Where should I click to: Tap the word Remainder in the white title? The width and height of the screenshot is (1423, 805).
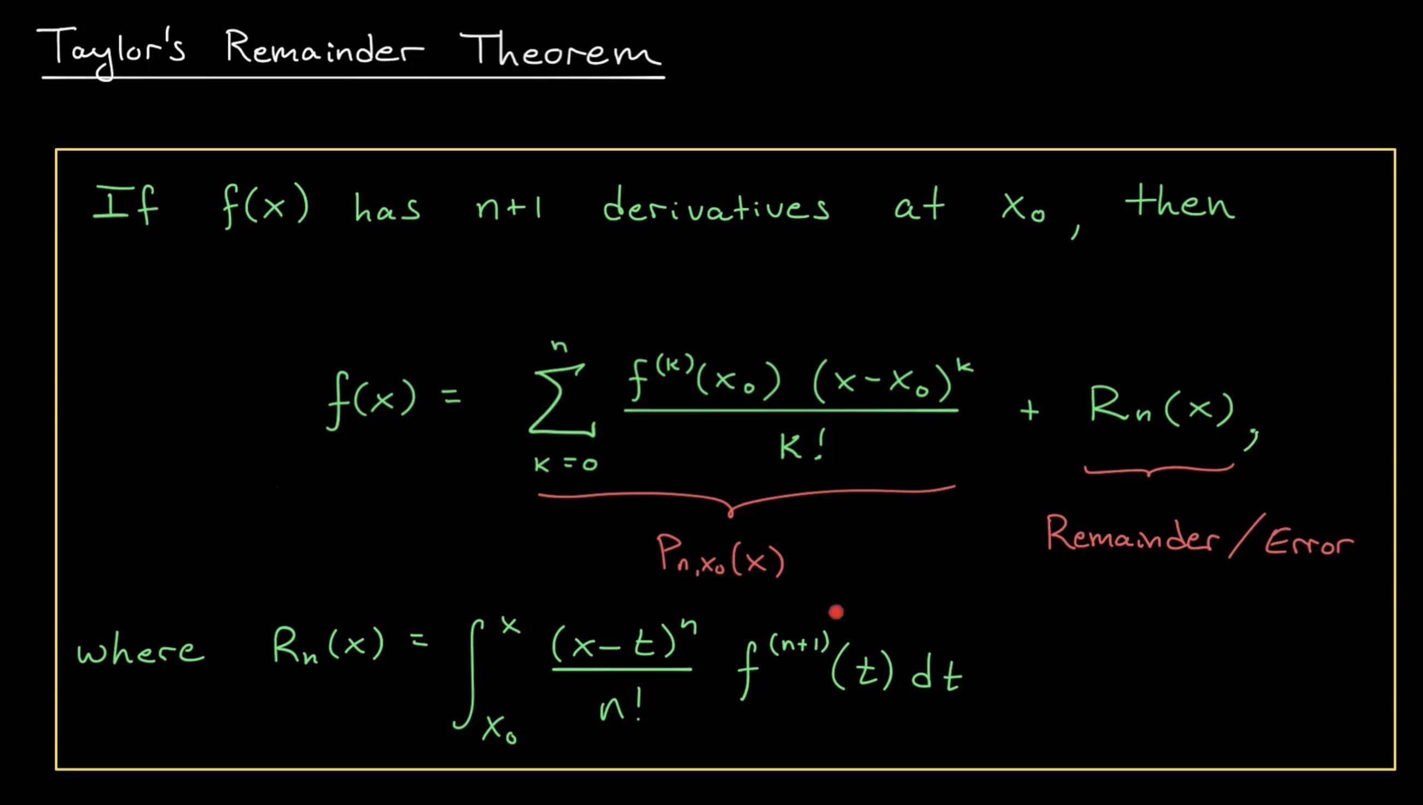point(324,49)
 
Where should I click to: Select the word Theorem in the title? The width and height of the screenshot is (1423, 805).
point(560,50)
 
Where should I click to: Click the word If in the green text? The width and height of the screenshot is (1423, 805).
point(125,205)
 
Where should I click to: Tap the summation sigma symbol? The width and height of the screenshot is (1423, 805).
point(561,399)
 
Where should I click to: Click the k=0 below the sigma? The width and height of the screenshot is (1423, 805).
point(565,463)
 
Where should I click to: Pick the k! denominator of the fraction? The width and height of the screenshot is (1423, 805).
point(802,446)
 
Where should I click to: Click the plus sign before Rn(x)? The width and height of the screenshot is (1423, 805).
point(1029,411)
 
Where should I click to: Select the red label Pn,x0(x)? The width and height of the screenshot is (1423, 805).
point(720,556)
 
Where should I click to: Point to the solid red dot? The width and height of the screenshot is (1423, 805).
point(836,612)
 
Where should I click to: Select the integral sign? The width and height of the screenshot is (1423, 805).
point(469,674)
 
